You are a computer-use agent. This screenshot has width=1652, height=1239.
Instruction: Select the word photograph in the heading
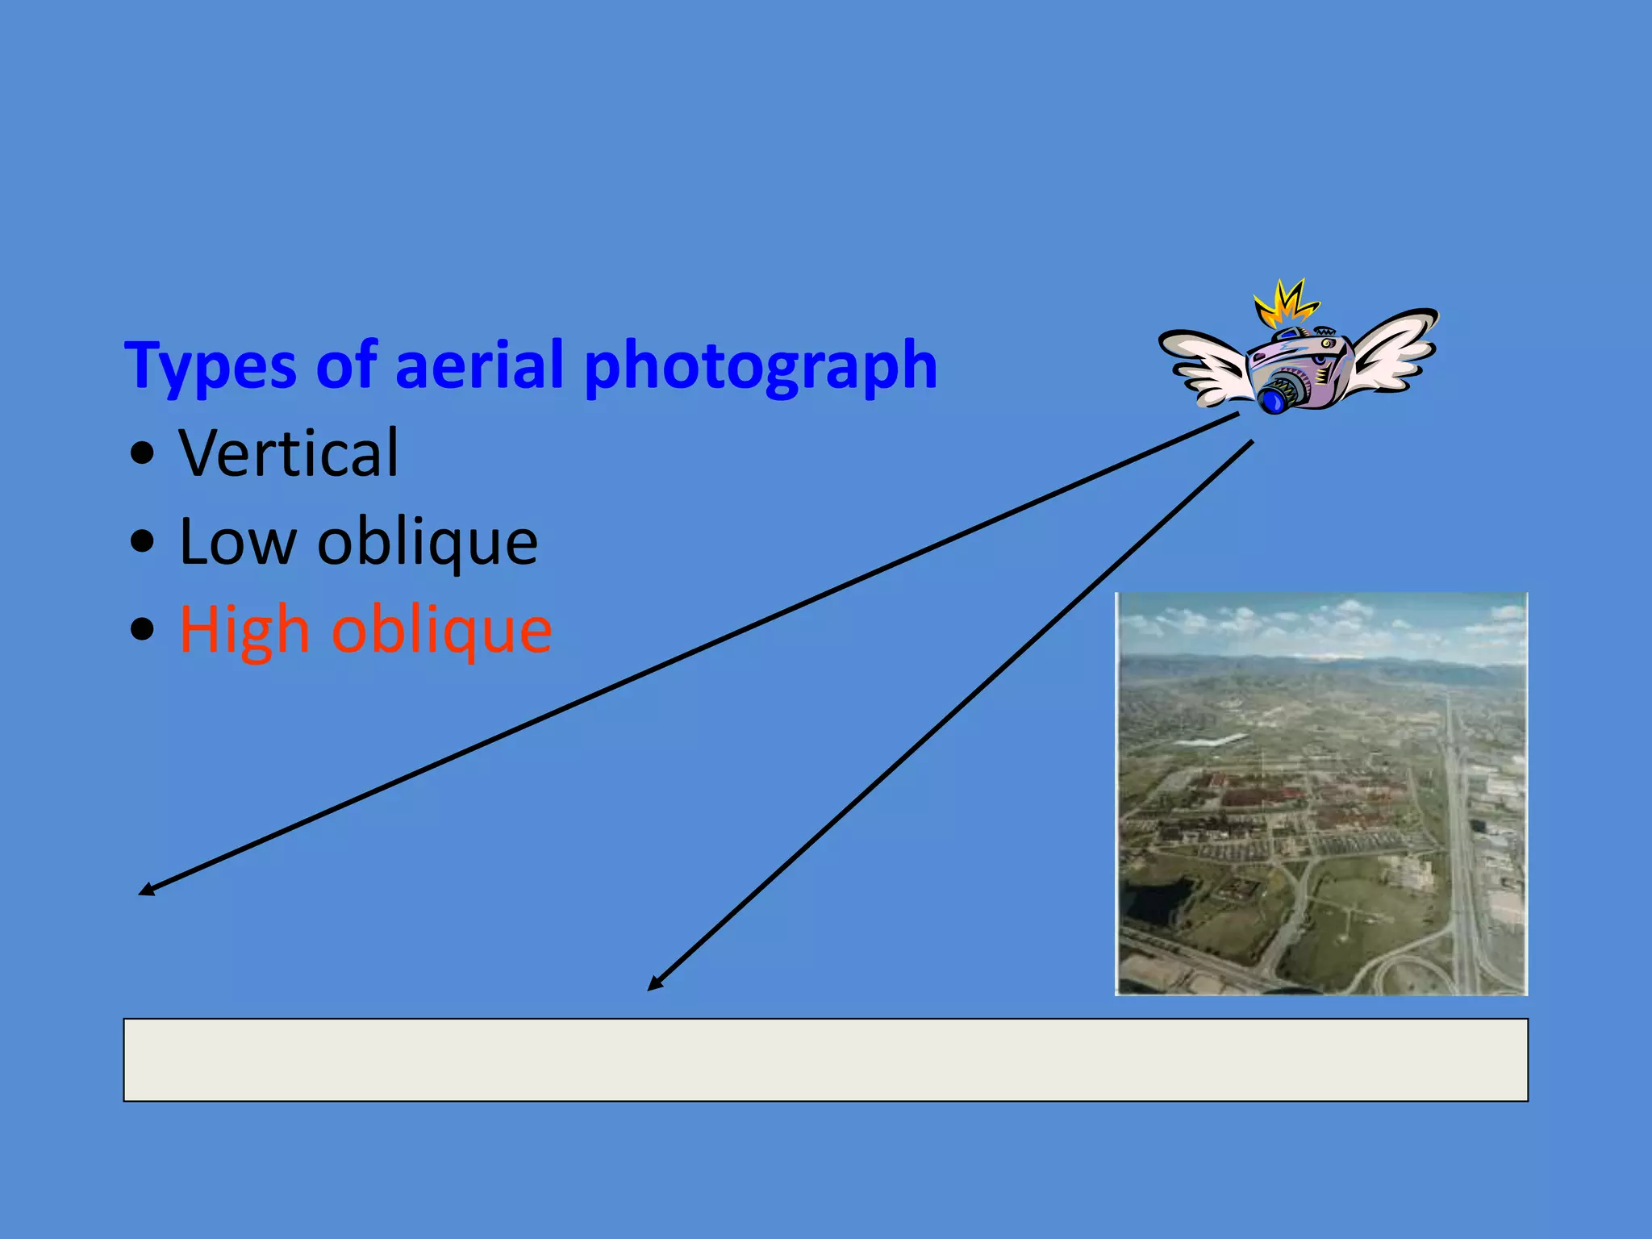click(x=760, y=367)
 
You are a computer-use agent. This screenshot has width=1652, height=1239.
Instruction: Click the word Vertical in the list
click(x=289, y=453)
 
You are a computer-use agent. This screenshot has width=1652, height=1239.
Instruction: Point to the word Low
click(x=238, y=541)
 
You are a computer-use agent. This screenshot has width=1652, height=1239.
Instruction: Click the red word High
click(x=244, y=631)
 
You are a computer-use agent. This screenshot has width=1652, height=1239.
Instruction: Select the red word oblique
click(x=442, y=631)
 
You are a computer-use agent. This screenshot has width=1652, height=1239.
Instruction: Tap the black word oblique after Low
click(x=428, y=542)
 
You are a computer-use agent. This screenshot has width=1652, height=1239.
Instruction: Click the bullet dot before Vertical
click(x=142, y=454)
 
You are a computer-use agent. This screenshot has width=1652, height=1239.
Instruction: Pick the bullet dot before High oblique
click(x=142, y=629)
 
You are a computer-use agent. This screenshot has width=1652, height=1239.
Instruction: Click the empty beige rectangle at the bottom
click(x=825, y=1059)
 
